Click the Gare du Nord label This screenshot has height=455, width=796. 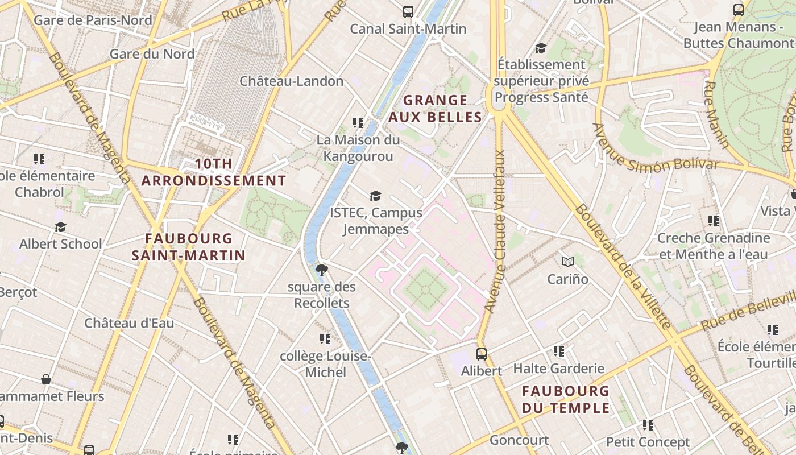click(152, 54)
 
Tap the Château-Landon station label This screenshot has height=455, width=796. click(291, 81)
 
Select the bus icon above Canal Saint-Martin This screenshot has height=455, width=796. click(408, 11)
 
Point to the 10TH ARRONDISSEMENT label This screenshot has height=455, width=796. click(214, 172)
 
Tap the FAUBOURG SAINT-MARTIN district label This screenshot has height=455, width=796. click(188, 247)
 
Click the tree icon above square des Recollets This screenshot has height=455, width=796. click(321, 270)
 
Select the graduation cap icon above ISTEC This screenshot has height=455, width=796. click(375, 196)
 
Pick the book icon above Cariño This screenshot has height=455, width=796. click(567, 262)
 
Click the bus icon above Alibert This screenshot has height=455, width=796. click(481, 354)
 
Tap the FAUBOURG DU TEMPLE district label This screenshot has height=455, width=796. click(566, 399)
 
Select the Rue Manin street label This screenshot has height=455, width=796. click(716, 114)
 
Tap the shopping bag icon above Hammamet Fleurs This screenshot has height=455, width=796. click(46, 379)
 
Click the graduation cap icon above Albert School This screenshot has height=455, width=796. click(60, 227)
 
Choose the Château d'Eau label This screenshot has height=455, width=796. click(129, 323)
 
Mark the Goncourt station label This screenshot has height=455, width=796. click(519, 440)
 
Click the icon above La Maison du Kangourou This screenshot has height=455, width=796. click(358, 122)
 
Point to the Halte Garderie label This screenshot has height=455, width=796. click(558, 369)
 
